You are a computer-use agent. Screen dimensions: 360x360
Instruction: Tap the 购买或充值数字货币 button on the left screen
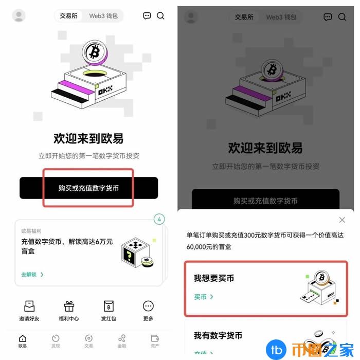(88, 188)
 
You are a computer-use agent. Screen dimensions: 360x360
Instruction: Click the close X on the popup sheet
(342, 220)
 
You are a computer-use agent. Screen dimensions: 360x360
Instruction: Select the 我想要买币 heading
(214, 278)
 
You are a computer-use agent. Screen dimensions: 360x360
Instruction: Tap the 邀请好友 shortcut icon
(29, 307)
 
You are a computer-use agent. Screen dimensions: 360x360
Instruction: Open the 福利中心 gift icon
(69, 307)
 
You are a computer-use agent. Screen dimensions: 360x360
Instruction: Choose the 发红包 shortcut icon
(109, 307)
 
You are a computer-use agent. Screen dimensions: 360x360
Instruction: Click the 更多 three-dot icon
(148, 307)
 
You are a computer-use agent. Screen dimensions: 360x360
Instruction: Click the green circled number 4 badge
(159, 220)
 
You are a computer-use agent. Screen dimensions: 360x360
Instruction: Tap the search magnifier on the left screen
(160, 16)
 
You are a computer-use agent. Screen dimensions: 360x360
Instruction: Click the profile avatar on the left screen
(19, 16)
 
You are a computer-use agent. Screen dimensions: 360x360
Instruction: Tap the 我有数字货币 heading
(218, 336)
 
